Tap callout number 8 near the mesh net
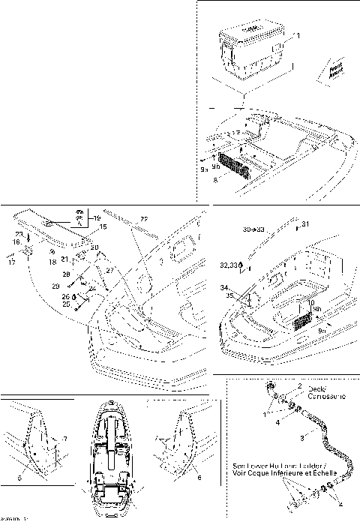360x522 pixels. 217,180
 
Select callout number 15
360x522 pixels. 104,226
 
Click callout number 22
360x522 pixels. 144,218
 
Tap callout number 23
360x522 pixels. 19,234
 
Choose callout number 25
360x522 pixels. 66,304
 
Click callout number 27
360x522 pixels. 109,270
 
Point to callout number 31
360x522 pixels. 305,223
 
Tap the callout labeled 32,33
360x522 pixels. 229,265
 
